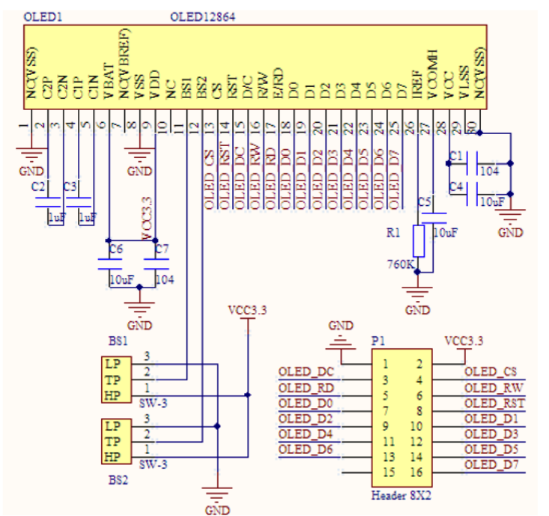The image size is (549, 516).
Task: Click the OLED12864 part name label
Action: (203, 16)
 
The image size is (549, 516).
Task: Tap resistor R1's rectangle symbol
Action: (419, 241)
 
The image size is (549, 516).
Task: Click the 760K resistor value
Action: (400, 264)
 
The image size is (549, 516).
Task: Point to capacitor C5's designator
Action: (424, 202)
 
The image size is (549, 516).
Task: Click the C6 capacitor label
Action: (115, 248)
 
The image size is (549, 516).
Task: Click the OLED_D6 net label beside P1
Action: (305, 449)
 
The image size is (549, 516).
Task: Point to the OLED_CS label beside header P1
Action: (491, 371)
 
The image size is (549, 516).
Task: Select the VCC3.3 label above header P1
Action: (464, 341)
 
